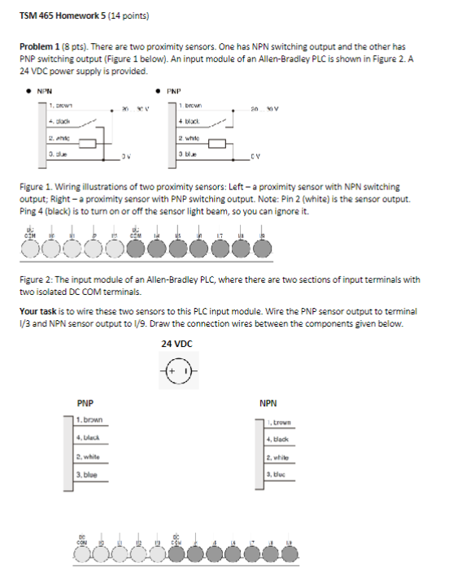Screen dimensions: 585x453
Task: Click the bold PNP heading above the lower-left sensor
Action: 84,402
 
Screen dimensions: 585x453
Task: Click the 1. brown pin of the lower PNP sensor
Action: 89,419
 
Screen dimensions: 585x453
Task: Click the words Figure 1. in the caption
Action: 36,187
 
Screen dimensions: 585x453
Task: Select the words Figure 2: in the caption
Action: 37,279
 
